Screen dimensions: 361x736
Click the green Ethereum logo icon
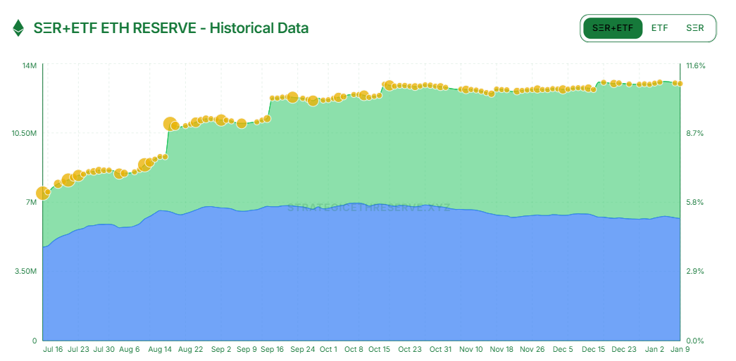tap(18, 28)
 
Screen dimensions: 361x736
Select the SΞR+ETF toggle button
tap(613, 28)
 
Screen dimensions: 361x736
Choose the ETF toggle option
tap(659, 28)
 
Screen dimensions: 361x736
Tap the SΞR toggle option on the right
tap(694, 28)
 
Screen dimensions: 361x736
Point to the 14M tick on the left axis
tap(30, 65)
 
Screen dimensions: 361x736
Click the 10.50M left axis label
tap(25, 133)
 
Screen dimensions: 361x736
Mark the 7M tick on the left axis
tap(32, 202)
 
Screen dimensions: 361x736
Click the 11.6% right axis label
tap(696, 65)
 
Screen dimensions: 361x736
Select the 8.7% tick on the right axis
tap(694, 133)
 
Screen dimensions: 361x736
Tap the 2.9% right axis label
tap(694, 271)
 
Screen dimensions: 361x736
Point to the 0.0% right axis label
tap(694, 340)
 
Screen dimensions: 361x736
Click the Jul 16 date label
tap(53, 349)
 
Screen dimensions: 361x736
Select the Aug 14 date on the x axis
tap(161, 349)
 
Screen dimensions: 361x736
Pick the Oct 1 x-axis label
tap(328, 349)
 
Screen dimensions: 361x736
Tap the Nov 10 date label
tap(470, 349)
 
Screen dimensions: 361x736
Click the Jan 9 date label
tap(680, 349)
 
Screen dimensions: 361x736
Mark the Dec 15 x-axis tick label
tap(594, 349)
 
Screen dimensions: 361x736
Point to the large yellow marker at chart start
tap(43, 193)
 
